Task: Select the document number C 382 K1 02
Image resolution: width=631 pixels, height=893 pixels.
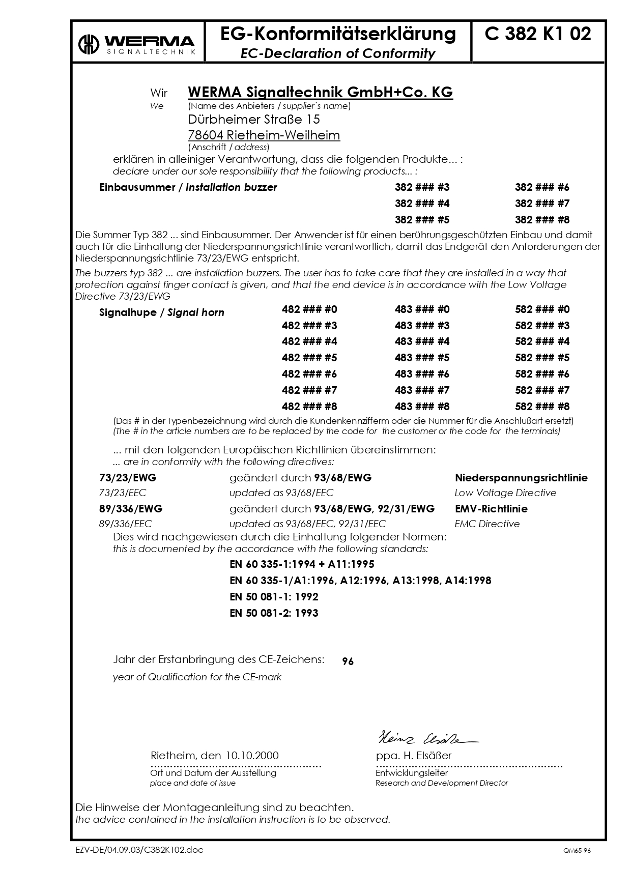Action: tap(538, 34)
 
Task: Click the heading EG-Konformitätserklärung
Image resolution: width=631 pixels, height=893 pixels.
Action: tap(338, 34)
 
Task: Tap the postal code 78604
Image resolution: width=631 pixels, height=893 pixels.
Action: tap(206, 135)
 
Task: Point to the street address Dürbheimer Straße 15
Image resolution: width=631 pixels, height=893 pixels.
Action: tap(254, 120)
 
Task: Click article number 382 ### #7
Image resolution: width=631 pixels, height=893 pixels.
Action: tap(542, 204)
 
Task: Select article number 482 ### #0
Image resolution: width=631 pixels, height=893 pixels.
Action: tap(309, 309)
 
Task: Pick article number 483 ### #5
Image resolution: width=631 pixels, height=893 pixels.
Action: tap(422, 358)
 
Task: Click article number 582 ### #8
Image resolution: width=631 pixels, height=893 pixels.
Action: tap(542, 407)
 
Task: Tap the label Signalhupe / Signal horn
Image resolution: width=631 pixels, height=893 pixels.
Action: tap(161, 312)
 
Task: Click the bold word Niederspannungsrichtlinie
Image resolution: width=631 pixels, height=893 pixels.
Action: tap(521, 478)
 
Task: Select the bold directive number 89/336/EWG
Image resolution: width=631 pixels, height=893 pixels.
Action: tap(131, 509)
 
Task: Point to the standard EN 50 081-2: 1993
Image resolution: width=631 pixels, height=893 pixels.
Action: tap(274, 613)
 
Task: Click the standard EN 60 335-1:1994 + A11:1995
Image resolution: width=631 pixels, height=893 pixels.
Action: tap(302, 564)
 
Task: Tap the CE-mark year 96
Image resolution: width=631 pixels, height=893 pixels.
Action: tap(348, 661)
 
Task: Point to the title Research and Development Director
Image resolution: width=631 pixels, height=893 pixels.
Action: tap(442, 783)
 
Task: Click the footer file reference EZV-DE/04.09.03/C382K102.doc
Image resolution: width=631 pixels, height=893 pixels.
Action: tap(139, 851)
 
